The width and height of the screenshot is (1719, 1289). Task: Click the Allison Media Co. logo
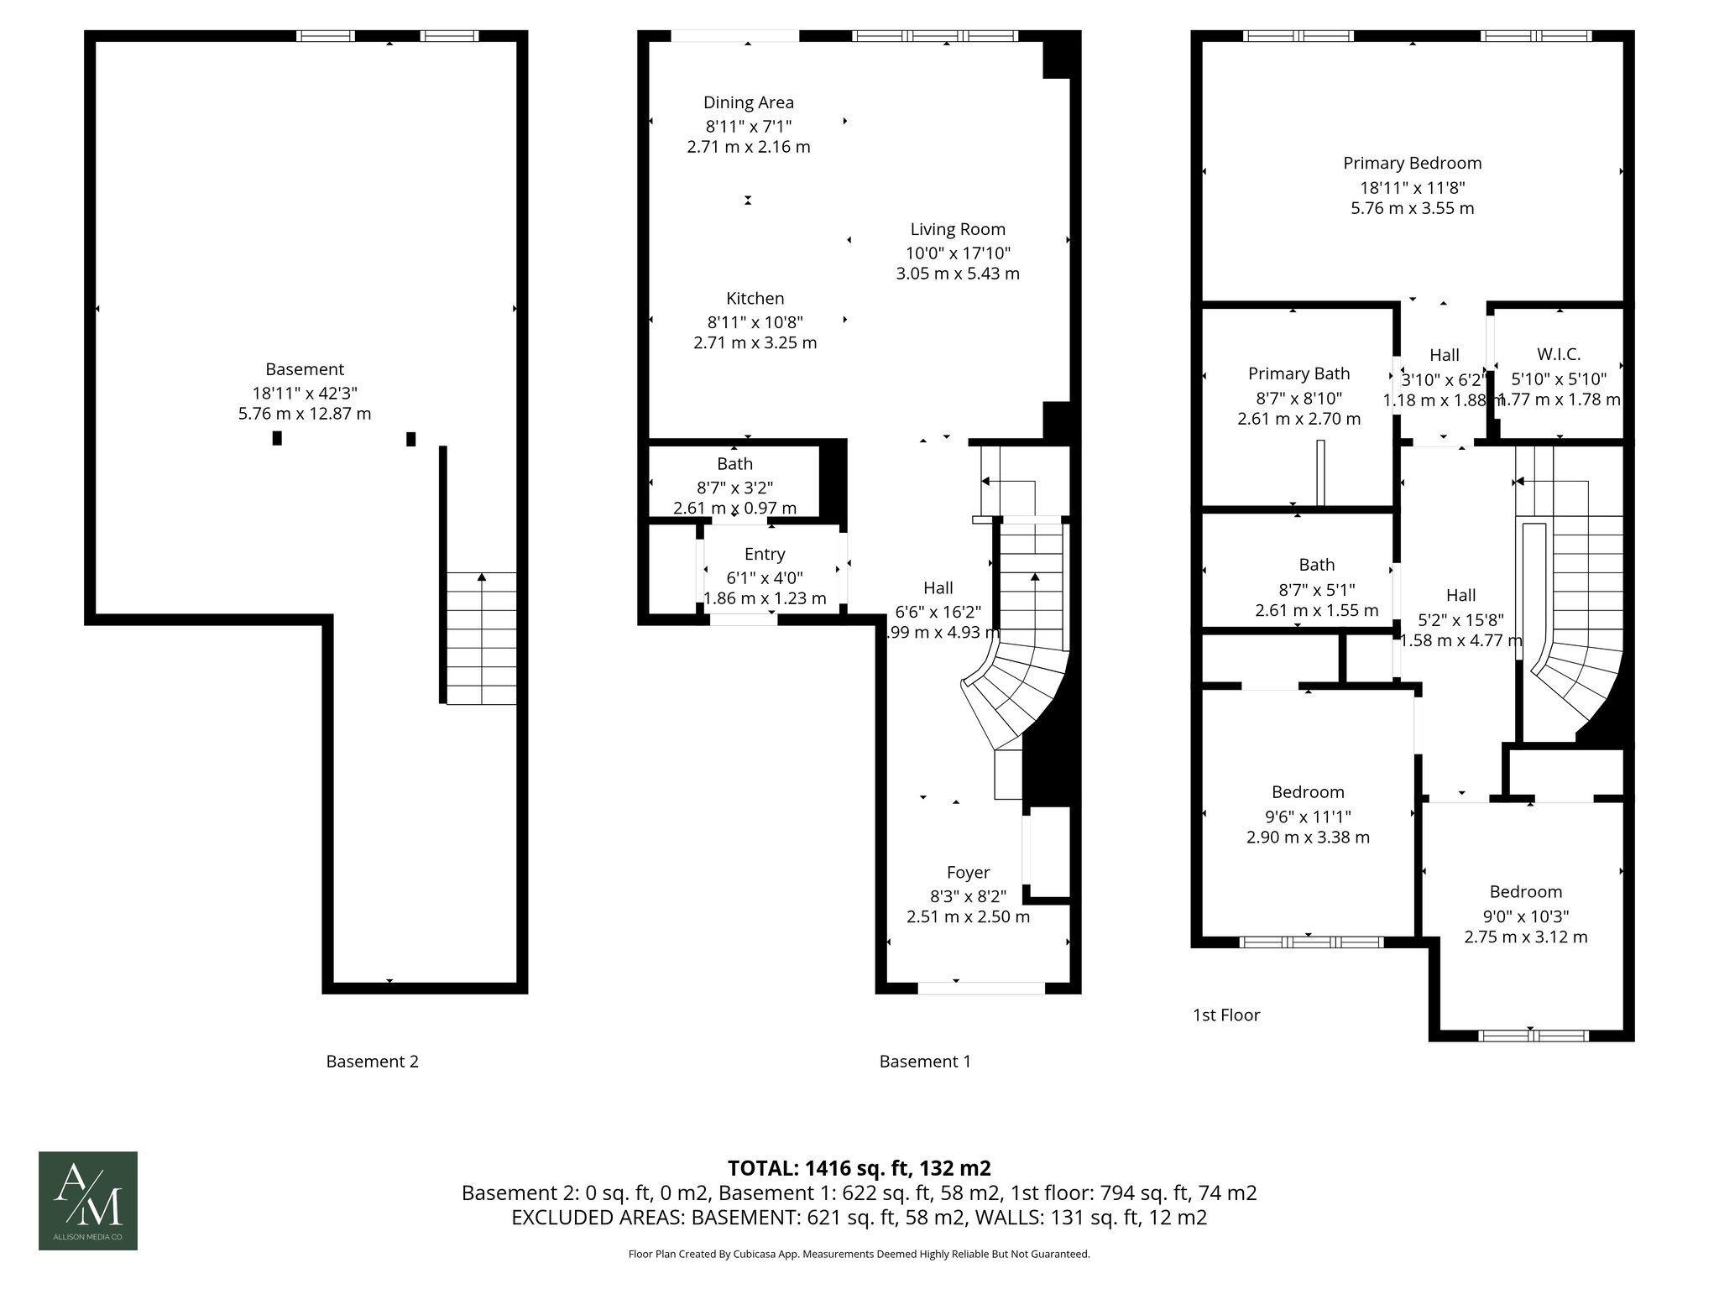87,1200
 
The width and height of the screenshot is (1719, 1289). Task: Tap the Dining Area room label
748,102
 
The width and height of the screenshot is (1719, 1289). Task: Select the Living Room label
957,229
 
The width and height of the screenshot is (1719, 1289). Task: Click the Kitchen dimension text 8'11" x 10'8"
755,321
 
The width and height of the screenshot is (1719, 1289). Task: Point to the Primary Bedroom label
1412,163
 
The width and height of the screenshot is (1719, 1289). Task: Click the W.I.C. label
1559,354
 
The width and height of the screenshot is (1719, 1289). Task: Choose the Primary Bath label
1298,373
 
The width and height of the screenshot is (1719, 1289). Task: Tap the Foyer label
968,872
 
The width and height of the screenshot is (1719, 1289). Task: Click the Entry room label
764,554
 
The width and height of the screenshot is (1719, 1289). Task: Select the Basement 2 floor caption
372,1062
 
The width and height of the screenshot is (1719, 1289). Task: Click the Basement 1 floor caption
924,1062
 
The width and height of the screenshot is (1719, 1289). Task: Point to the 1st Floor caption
1225,1015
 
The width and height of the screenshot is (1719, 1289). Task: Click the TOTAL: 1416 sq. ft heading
859,1167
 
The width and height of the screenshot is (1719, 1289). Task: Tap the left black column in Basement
277,438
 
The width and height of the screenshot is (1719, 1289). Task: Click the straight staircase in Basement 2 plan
481,638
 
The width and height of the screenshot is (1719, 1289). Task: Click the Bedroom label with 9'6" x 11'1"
1307,792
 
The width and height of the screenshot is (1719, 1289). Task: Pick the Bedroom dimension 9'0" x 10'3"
1525,916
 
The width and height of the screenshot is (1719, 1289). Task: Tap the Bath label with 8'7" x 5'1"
1315,565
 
